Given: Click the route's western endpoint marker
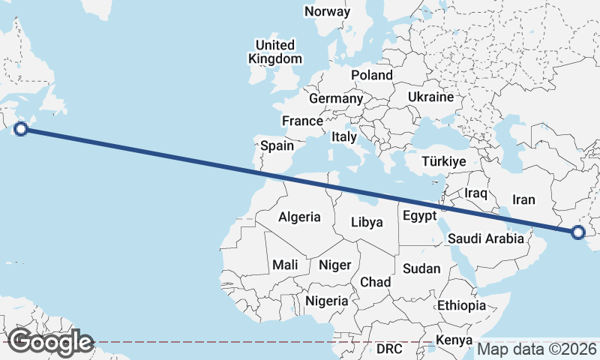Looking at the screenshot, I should (x=21, y=129).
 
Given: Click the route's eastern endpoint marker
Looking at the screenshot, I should (x=577, y=232).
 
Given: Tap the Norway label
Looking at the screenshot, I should (x=327, y=11).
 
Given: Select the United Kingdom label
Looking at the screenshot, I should (x=275, y=52).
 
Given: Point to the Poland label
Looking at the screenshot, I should (x=372, y=75).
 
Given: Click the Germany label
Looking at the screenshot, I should (x=335, y=99).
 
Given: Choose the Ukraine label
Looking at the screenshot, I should (x=430, y=97).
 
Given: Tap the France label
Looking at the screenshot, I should (x=302, y=121).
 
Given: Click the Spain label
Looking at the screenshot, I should (x=277, y=146).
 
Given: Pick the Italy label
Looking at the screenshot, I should (x=344, y=137).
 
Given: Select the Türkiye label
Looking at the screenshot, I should (x=444, y=161).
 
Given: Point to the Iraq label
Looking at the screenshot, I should (x=476, y=193).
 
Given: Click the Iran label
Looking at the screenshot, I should (x=523, y=199).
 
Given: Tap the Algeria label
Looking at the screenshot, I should (x=300, y=217).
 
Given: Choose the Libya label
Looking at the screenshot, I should (x=367, y=222).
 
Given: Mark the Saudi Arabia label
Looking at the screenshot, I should (x=484, y=238).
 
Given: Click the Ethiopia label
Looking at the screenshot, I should (x=462, y=305).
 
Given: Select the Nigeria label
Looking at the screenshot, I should (x=327, y=301).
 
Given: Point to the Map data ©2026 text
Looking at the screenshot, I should (x=537, y=349).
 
